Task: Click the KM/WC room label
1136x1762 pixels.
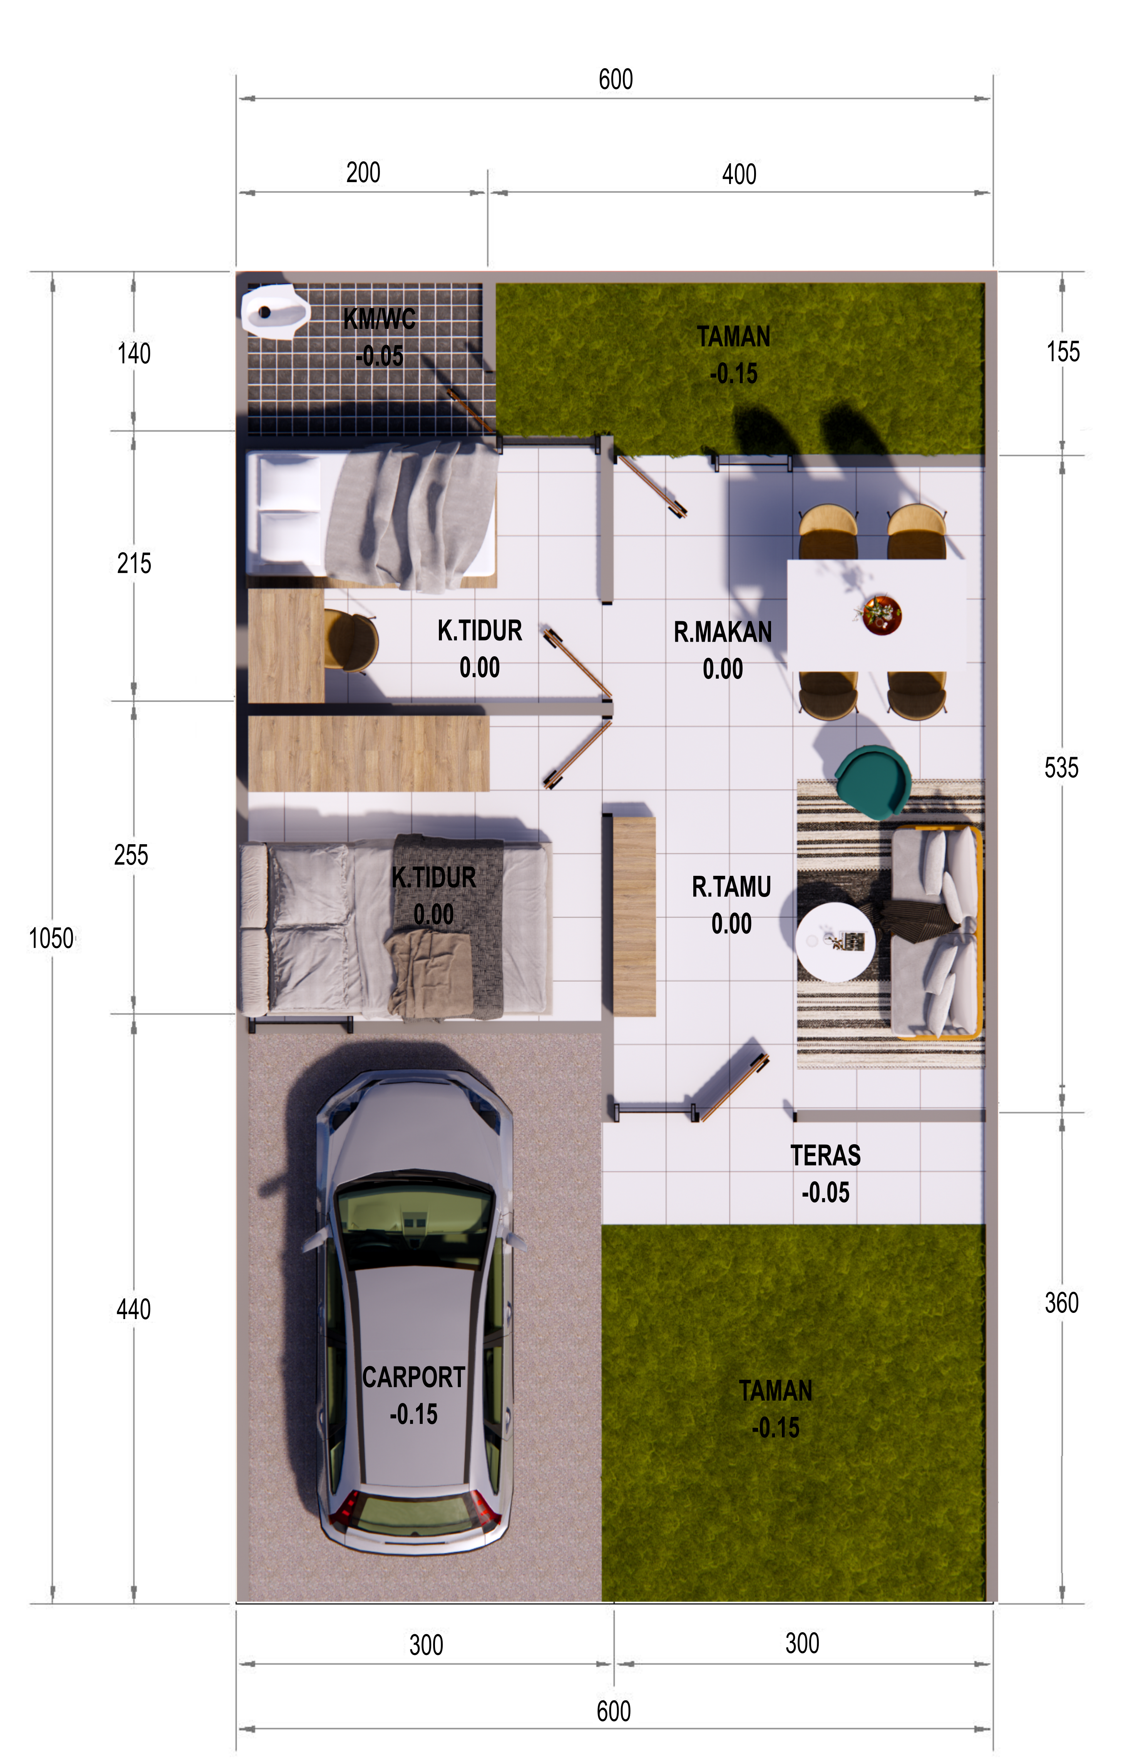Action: (379, 320)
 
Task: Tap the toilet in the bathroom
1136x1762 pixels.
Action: (274, 311)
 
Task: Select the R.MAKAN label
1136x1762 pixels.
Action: (723, 632)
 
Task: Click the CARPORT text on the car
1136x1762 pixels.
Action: (413, 1377)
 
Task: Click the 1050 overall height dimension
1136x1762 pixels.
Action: (51, 939)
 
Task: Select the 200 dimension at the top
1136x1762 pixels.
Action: (363, 173)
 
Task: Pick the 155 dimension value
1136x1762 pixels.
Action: (1063, 352)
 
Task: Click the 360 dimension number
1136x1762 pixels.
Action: (1061, 1303)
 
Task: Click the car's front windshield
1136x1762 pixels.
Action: (413, 1221)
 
